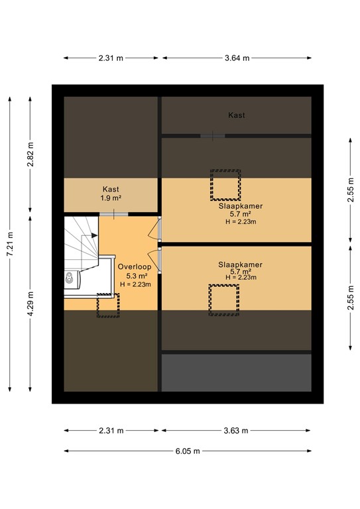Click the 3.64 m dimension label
(x=237, y=58)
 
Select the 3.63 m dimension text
(x=236, y=430)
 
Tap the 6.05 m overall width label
(x=188, y=451)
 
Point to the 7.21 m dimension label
(x=10, y=244)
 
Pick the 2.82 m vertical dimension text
(x=30, y=154)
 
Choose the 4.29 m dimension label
(x=30, y=304)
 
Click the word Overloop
(x=135, y=267)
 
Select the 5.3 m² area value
(x=137, y=276)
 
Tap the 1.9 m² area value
(x=111, y=198)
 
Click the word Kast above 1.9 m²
(x=111, y=189)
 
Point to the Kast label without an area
(x=236, y=115)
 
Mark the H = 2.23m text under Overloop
(x=135, y=284)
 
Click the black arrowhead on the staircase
(x=94, y=235)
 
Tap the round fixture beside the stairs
(x=69, y=277)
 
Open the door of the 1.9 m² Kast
(x=113, y=214)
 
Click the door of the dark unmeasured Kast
(x=213, y=136)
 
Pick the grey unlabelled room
(x=236, y=372)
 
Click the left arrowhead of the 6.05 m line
(x=66, y=451)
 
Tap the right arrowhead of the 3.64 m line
(x=310, y=58)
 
